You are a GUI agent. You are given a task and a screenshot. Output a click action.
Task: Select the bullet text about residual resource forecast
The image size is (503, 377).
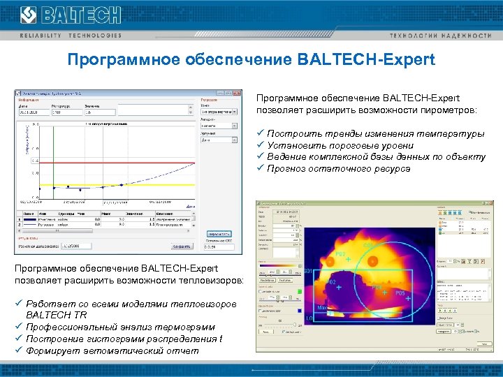(x=338, y=168)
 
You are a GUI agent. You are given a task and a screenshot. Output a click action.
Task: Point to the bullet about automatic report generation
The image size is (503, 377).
(x=112, y=350)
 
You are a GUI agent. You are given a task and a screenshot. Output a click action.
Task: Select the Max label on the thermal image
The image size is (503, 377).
(x=323, y=306)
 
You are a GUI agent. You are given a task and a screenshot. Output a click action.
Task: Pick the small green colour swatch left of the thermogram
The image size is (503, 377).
(x=299, y=291)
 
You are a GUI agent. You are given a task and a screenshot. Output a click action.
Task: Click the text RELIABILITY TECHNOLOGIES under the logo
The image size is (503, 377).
(x=70, y=35)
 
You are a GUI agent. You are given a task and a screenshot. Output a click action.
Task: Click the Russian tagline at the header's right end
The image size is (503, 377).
(x=450, y=35)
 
